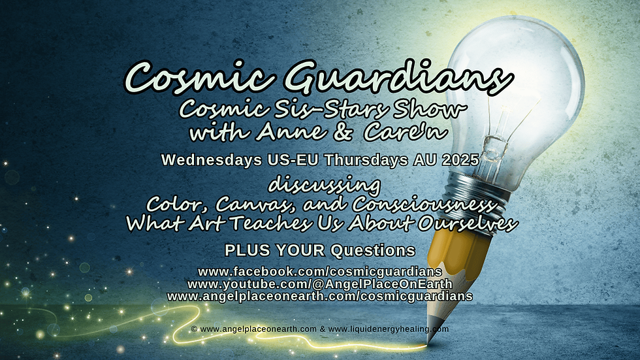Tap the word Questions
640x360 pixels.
tap(373, 250)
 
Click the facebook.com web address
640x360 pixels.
tap(319, 271)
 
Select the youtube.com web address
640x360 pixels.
tap(319, 284)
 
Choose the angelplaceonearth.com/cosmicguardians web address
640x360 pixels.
tap(319, 296)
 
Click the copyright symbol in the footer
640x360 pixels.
tap(195, 329)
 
